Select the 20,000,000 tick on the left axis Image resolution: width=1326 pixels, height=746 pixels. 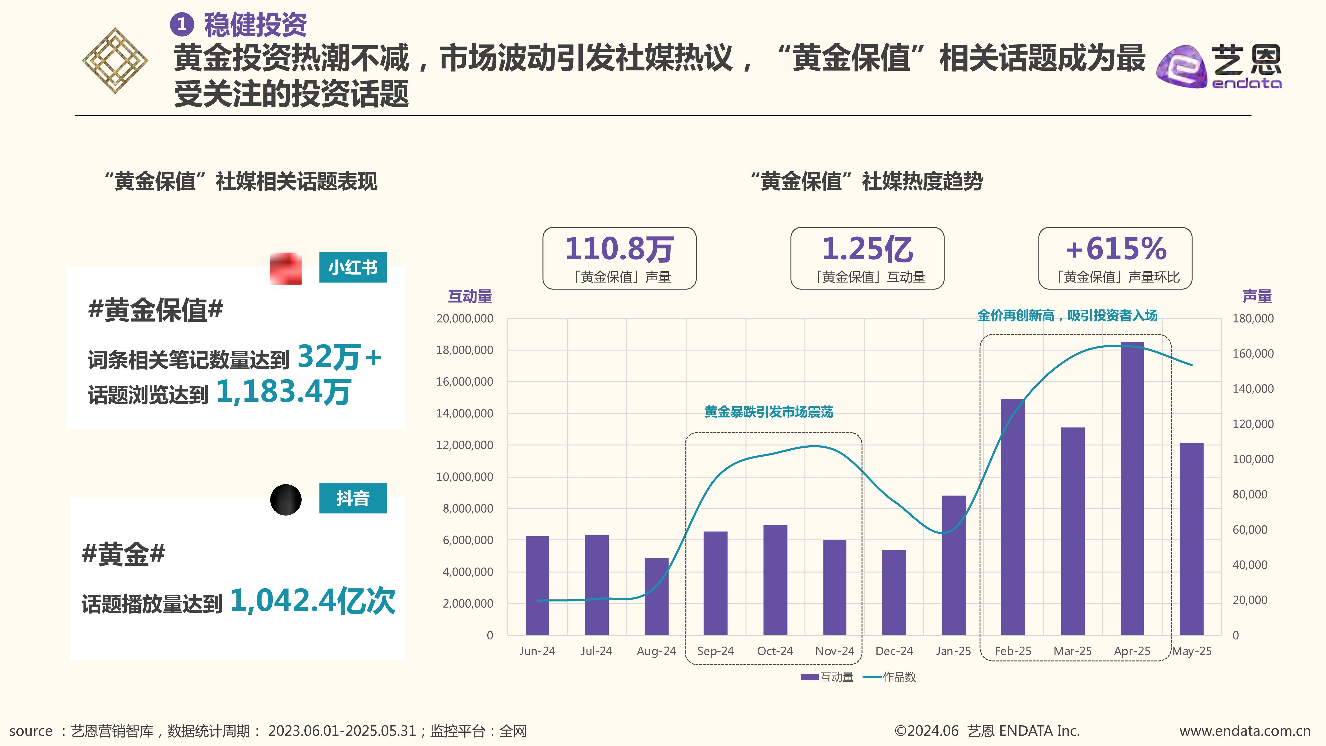464,319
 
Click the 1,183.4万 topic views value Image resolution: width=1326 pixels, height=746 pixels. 284,392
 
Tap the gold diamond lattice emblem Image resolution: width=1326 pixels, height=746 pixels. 115,61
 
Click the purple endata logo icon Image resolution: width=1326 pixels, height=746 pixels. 1181,67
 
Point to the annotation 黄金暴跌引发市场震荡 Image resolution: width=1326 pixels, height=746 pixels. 768,412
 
